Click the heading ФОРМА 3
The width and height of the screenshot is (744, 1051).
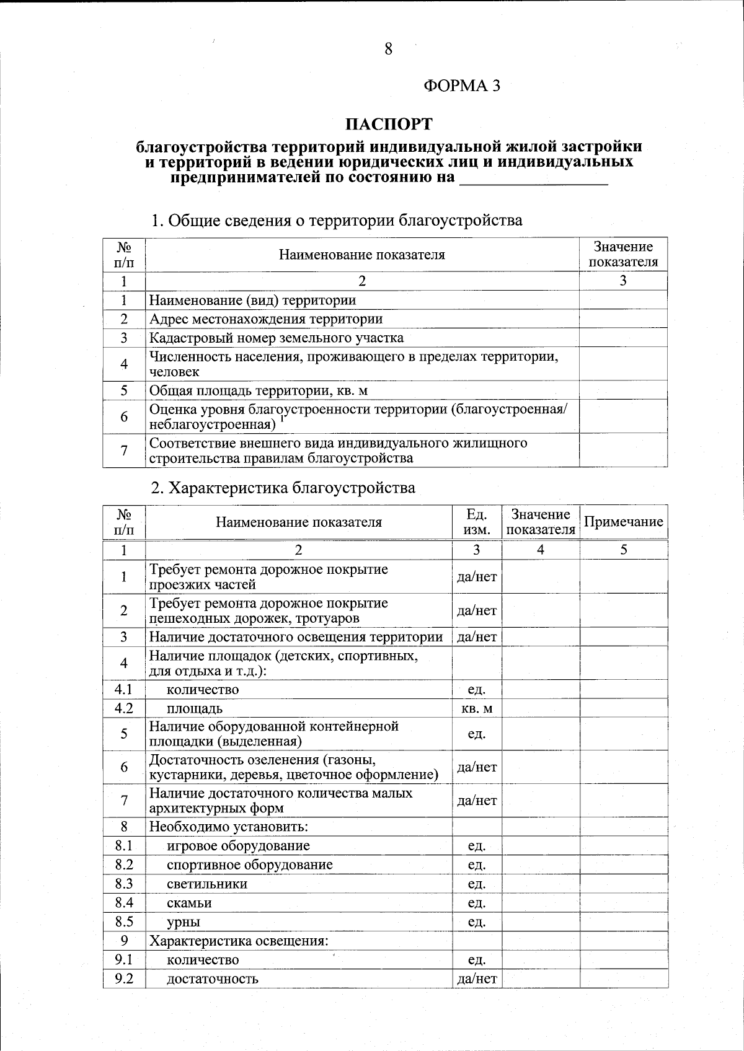pyautogui.click(x=461, y=86)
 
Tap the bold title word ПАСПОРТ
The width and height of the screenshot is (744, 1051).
pyautogui.click(x=388, y=125)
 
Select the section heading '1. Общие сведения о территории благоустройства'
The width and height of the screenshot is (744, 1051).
pyautogui.click(x=337, y=220)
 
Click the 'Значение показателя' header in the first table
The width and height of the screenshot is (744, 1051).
pyautogui.click(x=622, y=255)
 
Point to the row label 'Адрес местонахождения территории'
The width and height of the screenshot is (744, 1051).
pyautogui.click(x=265, y=319)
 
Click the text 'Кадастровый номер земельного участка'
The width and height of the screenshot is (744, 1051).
pyautogui.click(x=276, y=338)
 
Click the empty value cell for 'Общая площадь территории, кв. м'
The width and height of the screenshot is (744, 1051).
pyautogui.click(x=622, y=390)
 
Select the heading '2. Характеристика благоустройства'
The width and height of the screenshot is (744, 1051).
pyautogui.click(x=283, y=488)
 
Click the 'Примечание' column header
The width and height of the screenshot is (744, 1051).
pyautogui.click(x=623, y=522)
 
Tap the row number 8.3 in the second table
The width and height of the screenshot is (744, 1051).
pyautogui.click(x=124, y=884)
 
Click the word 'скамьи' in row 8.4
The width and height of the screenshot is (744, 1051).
pyautogui.click(x=189, y=903)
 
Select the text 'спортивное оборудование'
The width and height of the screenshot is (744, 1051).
pyautogui.click(x=249, y=864)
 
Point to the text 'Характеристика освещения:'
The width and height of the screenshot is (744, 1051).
pyautogui.click(x=238, y=941)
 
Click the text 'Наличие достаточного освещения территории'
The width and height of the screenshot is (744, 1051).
pyautogui.click(x=296, y=637)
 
